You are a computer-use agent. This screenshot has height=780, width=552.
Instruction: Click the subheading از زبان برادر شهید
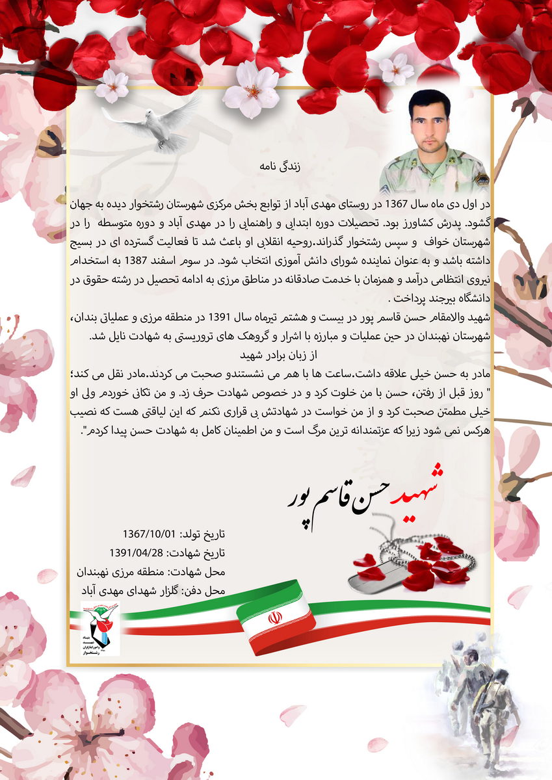(x=277, y=356)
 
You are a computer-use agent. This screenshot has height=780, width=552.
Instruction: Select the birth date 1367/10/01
(x=149, y=534)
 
